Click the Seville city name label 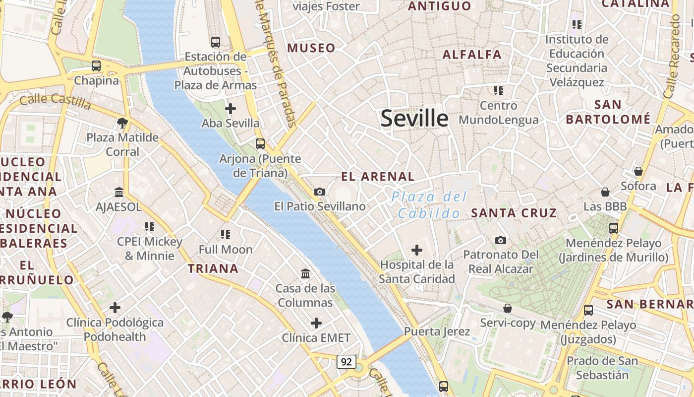click(x=414, y=119)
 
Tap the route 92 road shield click(x=346, y=362)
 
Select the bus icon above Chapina click(x=96, y=66)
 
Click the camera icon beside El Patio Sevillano click(x=320, y=192)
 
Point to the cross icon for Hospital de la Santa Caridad click(x=417, y=250)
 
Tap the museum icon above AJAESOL click(x=119, y=192)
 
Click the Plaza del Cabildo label click(x=429, y=205)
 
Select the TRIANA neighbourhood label click(x=213, y=269)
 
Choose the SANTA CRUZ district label click(x=514, y=213)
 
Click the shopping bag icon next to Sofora click(x=638, y=171)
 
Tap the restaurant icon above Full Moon click(x=226, y=234)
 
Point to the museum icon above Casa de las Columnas click(x=305, y=273)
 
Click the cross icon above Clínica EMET click(x=316, y=324)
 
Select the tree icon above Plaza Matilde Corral click(x=122, y=123)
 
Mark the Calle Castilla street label click(x=56, y=102)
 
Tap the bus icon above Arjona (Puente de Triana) click(x=260, y=144)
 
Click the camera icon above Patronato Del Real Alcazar click(x=501, y=240)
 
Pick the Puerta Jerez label click(x=437, y=331)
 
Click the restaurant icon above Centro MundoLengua click(x=499, y=91)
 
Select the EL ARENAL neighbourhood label click(x=378, y=176)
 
